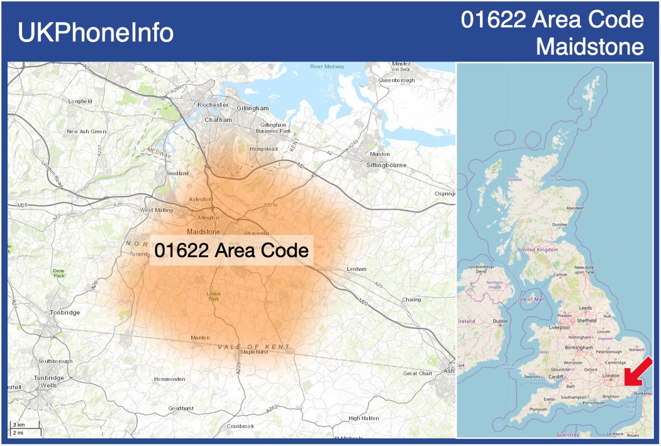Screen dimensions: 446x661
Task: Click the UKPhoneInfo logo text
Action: point(96,33)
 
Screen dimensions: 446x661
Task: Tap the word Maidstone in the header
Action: point(590,46)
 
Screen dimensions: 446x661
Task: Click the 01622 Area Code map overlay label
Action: point(231,251)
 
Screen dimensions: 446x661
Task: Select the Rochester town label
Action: point(213,105)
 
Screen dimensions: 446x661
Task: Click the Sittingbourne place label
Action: point(386,165)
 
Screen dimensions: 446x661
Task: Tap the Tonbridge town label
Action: point(65,312)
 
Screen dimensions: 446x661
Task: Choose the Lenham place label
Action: point(356,269)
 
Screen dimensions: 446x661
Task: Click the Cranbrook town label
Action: point(241,426)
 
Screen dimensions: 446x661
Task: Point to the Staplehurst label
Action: point(253,352)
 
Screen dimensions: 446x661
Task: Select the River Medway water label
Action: point(327,67)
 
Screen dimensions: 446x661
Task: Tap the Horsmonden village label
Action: point(170,379)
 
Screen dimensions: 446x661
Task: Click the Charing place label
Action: point(411,300)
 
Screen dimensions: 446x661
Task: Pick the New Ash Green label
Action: point(86,131)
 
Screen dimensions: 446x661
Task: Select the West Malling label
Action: point(156,210)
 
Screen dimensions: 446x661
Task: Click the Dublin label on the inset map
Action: point(500,321)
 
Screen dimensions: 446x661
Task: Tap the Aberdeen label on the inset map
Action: point(575,208)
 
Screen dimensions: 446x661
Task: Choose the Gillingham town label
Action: point(252,108)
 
